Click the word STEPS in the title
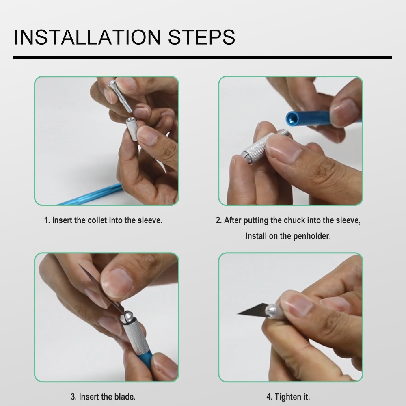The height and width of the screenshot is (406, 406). click(x=202, y=37)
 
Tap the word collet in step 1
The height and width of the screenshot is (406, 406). click(x=97, y=220)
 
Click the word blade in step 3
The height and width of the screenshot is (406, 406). click(x=125, y=397)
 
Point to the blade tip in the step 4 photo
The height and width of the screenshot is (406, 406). click(x=238, y=314)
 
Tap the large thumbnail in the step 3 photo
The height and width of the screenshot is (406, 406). click(x=117, y=282)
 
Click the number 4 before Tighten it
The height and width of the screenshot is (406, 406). click(x=268, y=397)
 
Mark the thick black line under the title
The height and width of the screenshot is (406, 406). click(x=203, y=58)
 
